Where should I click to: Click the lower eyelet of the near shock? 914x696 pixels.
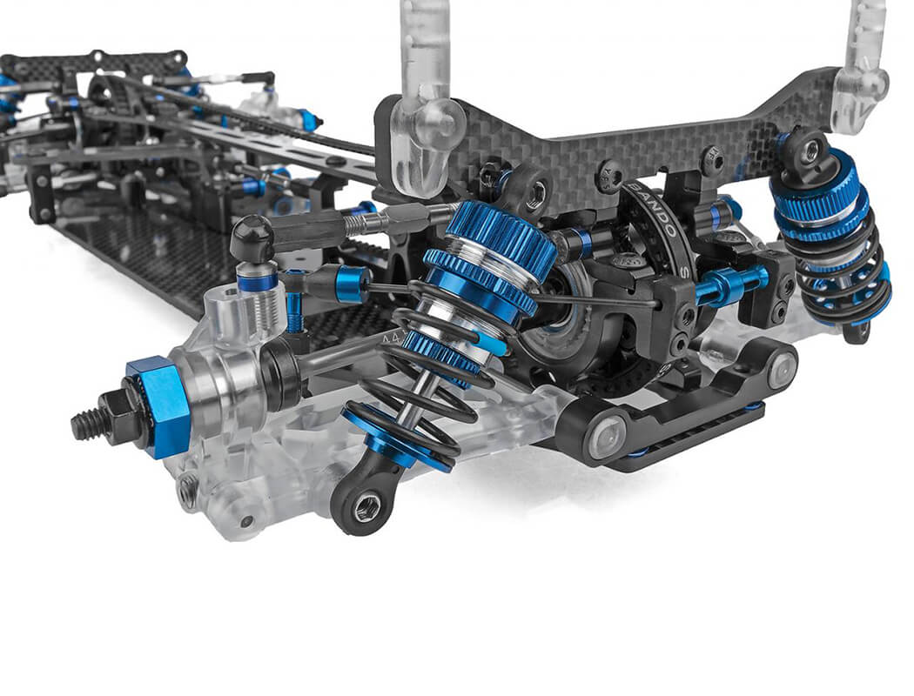tap(366, 503)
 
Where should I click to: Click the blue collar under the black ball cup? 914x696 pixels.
tap(258, 281)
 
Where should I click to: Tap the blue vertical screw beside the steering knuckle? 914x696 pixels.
tap(294, 304)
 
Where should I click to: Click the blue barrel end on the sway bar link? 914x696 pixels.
tap(349, 283)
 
